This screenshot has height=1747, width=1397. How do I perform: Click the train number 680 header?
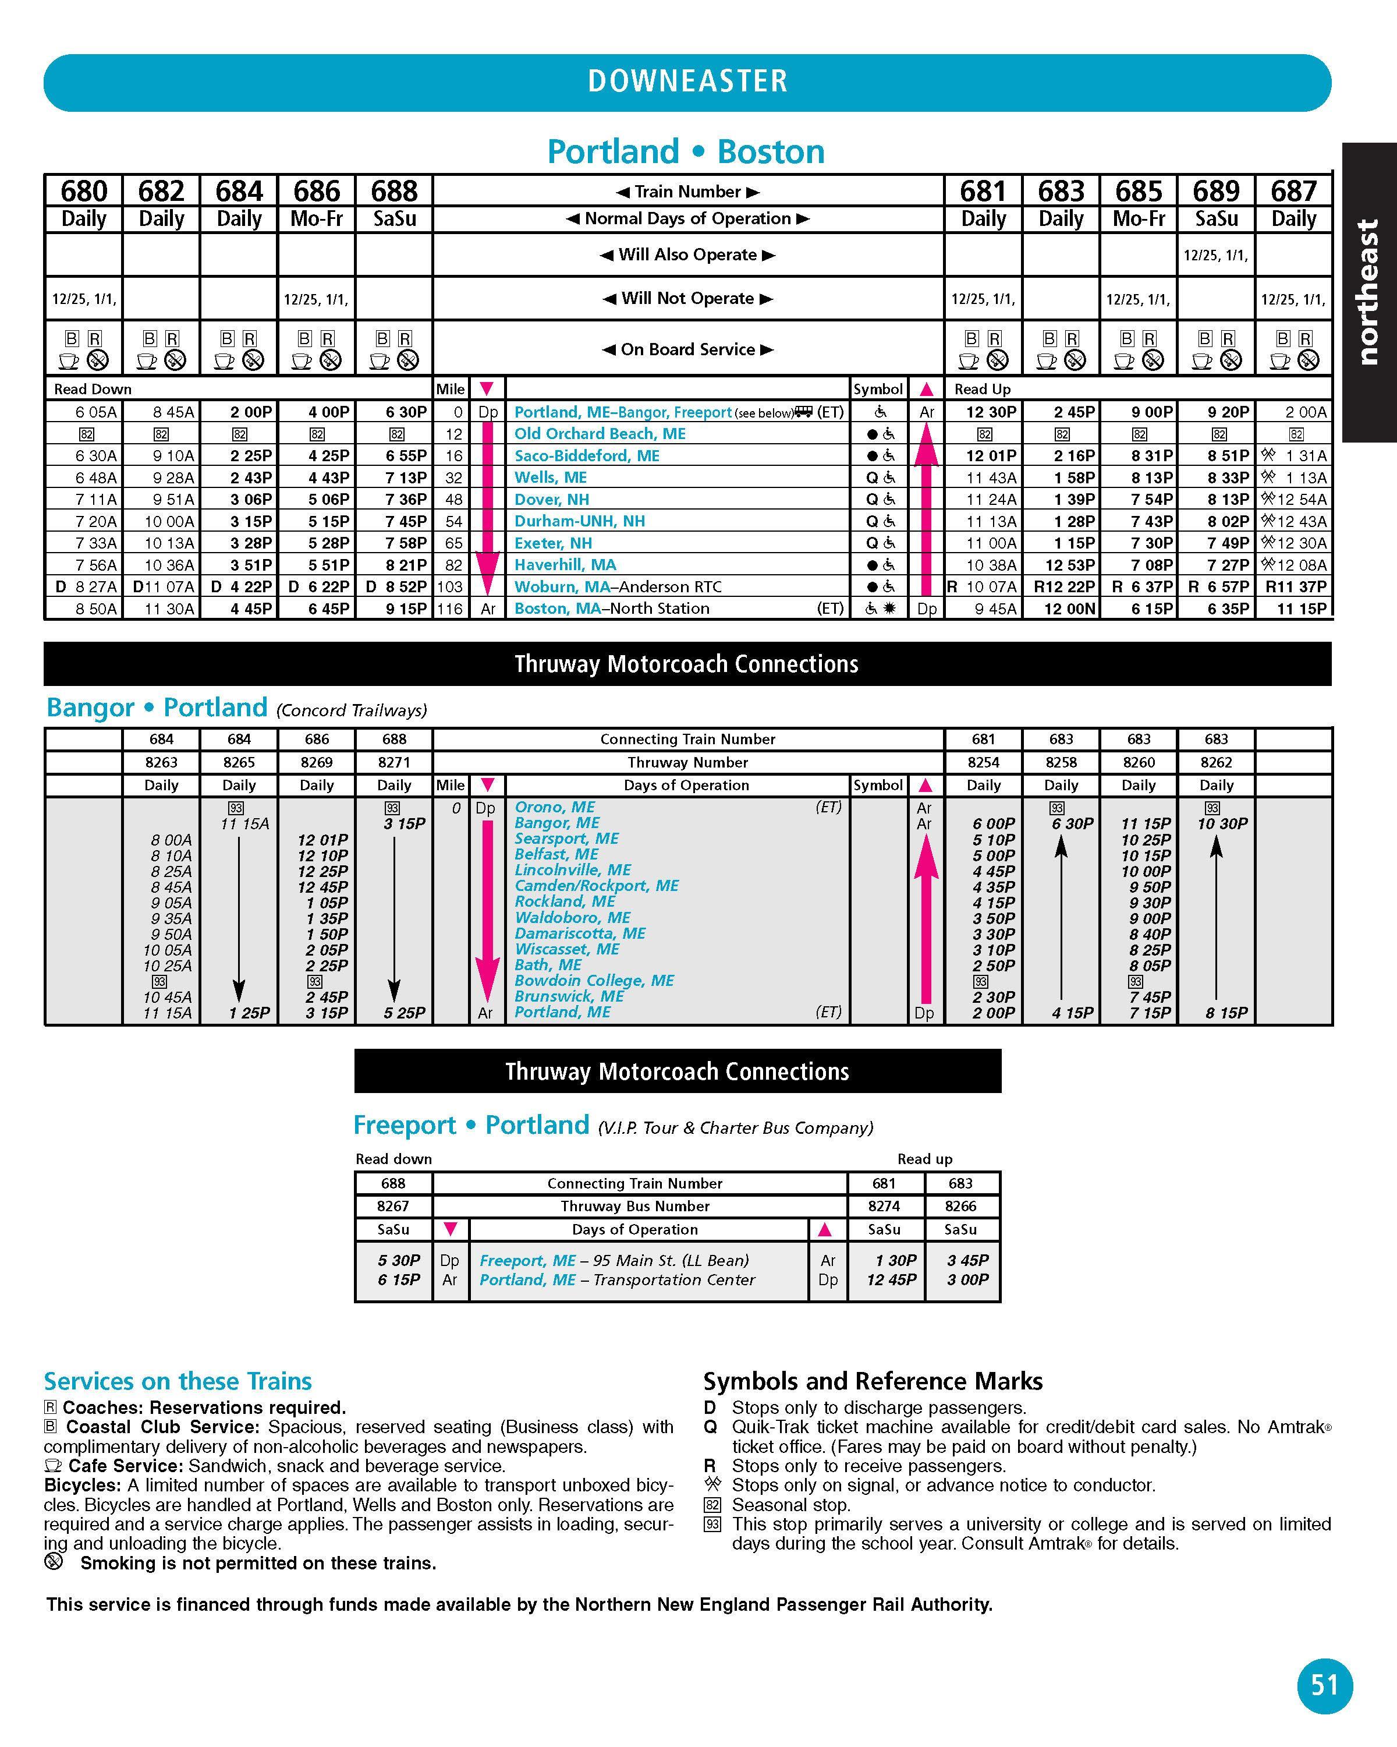click(x=83, y=191)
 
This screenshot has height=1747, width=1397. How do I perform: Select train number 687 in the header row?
click(x=1293, y=191)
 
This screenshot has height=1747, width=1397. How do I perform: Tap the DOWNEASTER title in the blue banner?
click(x=687, y=81)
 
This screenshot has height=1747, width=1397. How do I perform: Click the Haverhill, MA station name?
click(x=565, y=565)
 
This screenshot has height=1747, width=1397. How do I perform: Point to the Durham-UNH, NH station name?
click(x=580, y=521)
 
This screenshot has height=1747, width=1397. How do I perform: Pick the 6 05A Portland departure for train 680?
click(x=95, y=412)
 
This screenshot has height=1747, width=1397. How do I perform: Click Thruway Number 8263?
click(x=161, y=762)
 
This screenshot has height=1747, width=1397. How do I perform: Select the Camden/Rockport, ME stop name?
click(x=597, y=886)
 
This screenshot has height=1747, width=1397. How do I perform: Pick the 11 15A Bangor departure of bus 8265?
click(x=244, y=823)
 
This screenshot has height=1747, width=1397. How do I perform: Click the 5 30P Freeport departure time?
click(x=399, y=1260)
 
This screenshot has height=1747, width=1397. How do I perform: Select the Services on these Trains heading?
click(x=178, y=1381)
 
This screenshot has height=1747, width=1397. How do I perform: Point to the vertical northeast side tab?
click(x=1368, y=292)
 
